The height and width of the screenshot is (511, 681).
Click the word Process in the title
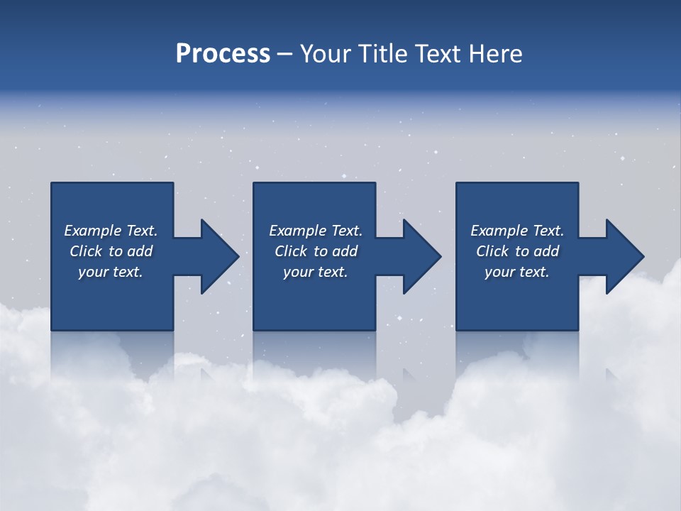tap(223, 54)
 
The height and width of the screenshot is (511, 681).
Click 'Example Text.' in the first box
tap(111, 231)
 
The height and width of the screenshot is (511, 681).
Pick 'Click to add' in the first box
tap(111, 251)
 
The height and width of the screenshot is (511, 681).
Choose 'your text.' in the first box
tap(111, 272)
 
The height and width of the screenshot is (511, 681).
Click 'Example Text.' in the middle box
tap(316, 231)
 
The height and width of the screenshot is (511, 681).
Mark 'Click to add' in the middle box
tap(316, 251)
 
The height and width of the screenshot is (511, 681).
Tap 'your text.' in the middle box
tap(316, 272)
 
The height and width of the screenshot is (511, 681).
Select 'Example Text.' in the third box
tap(517, 231)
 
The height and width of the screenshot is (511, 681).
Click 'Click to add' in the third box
tap(517, 251)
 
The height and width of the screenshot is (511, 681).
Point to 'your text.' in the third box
tap(517, 272)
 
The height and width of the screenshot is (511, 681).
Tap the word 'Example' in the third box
tap(499, 231)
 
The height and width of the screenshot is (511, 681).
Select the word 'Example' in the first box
tap(93, 231)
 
